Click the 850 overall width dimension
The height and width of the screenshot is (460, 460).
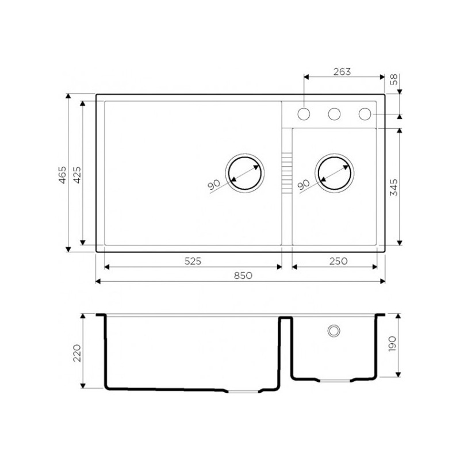(x=243, y=275)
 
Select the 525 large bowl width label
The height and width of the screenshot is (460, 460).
(x=193, y=261)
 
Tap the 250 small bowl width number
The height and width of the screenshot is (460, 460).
(x=338, y=261)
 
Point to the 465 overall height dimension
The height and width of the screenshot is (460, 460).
(x=63, y=175)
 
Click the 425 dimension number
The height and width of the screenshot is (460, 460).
(x=77, y=175)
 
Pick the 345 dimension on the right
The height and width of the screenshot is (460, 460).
(x=394, y=187)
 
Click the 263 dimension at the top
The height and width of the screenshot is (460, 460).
(x=342, y=71)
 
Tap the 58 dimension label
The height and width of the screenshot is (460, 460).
(x=394, y=79)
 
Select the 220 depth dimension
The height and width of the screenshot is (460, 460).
(x=77, y=353)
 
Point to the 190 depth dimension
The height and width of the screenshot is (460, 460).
(x=392, y=343)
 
